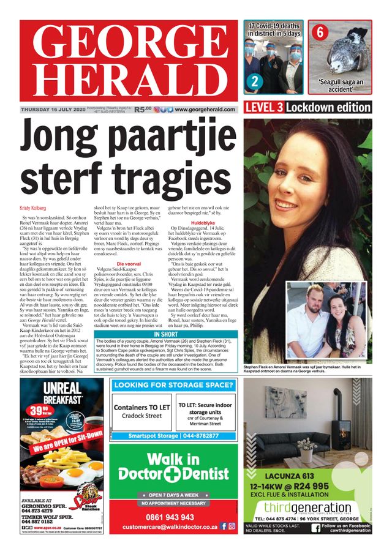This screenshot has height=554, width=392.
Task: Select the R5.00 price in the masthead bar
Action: (142, 109)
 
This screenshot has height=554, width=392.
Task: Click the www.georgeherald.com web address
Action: (205, 109)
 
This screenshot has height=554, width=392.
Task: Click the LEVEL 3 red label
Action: (264, 108)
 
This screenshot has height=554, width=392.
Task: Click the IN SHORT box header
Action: (167, 334)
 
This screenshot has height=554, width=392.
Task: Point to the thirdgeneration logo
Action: (307, 507)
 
